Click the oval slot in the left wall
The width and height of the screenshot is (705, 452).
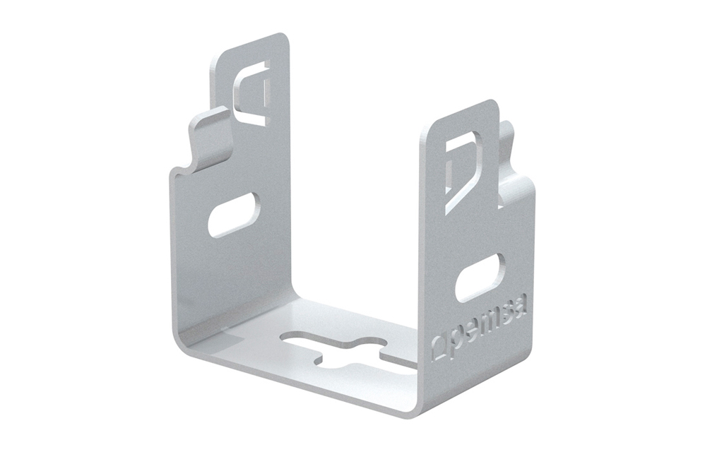coord(235,215)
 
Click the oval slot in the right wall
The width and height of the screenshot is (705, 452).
coord(480,278)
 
